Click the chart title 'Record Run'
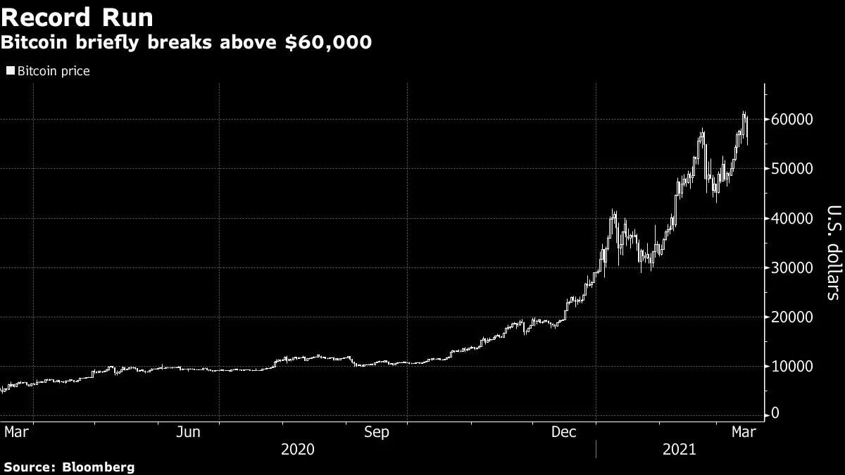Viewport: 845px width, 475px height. point(77,17)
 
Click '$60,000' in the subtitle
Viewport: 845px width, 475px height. point(330,43)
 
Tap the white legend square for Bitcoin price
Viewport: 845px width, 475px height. point(10,71)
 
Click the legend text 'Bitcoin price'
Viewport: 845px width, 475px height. point(54,71)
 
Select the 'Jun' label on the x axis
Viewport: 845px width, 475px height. point(187,432)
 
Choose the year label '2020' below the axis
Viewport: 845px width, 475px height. point(297,449)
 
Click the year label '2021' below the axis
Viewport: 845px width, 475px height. point(680,449)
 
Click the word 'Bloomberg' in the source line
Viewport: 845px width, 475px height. point(99,467)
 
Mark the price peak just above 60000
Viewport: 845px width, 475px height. point(744,113)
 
